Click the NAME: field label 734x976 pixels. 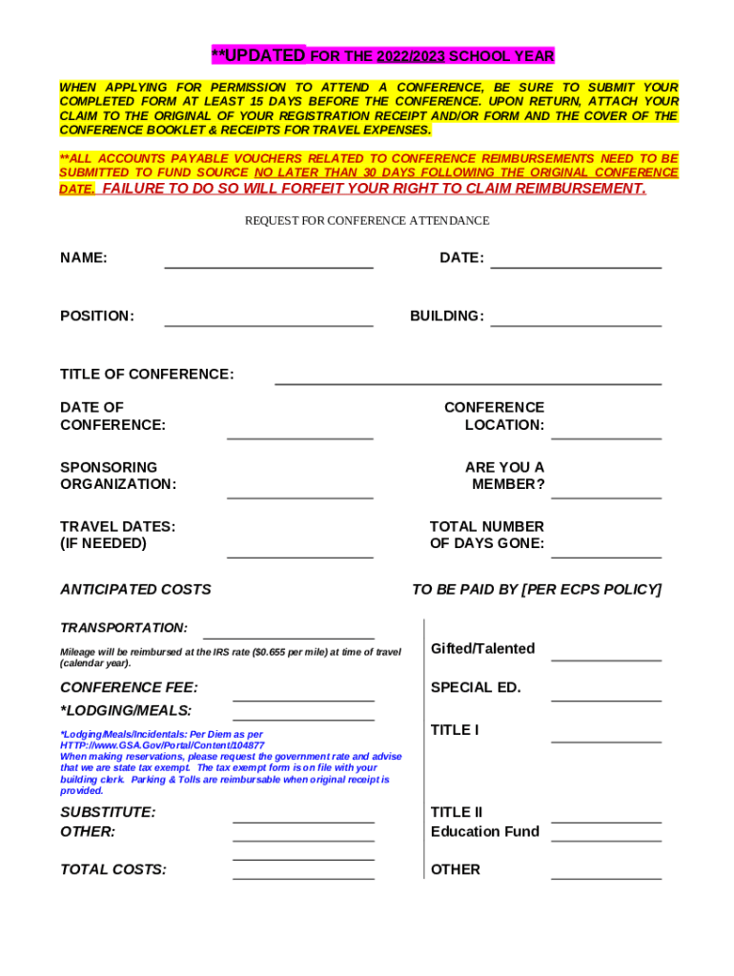(x=84, y=257)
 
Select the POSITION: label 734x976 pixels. (x=97, y=315)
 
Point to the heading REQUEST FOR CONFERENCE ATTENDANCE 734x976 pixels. (x=367, y=220)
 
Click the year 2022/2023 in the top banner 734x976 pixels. (x=410, y=56)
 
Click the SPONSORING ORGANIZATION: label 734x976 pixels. (x=118, y=476)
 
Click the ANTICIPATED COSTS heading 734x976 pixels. (x=135, y=589)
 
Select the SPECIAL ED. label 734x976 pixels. (x=476, y=686)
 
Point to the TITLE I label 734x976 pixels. (x=454, y=729)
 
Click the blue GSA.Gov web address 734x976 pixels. (x=162, y=745)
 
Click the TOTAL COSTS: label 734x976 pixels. (x=113, y=869)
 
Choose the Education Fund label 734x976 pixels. (x=484, y=831)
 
